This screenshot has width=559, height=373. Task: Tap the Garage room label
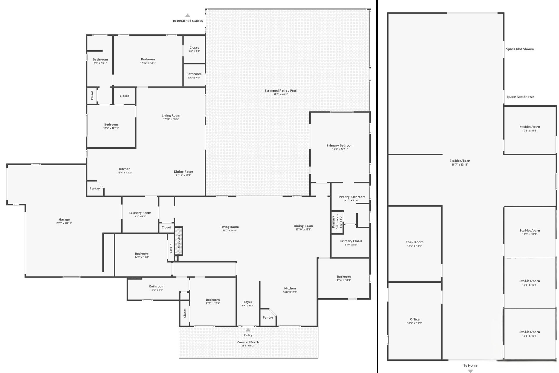64,219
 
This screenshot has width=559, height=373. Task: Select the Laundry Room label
140,213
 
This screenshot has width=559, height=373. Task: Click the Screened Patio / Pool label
281,91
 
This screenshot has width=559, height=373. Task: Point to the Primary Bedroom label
340,145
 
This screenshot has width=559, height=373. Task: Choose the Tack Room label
415,242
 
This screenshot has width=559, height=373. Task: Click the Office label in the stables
415,319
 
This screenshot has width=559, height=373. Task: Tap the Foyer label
248,302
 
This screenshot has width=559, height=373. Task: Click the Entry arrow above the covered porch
248,330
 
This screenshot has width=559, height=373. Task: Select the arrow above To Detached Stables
188,15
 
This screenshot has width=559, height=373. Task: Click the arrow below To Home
470,371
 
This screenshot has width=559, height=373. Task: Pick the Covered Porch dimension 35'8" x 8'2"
248,346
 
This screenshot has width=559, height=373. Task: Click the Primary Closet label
351,241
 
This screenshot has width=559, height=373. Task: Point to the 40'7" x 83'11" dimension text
460,165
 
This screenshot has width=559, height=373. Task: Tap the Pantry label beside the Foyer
268,317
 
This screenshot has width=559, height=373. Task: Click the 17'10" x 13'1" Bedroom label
148,59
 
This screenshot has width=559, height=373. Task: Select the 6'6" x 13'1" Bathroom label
100,59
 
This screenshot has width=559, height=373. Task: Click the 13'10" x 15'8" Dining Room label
303,226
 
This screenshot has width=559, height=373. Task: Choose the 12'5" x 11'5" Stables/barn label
530,127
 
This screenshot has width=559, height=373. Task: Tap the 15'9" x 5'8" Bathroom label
157,286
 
